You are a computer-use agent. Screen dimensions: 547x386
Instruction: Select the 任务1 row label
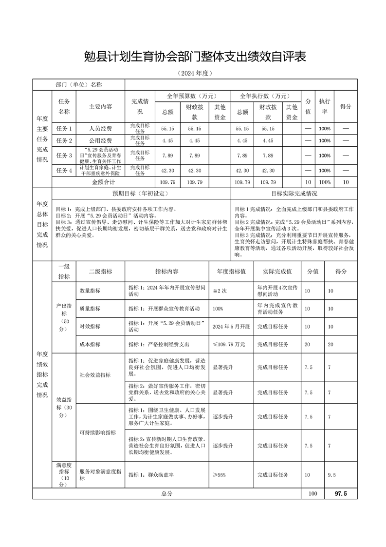pyautogui.click(x=64, y=129)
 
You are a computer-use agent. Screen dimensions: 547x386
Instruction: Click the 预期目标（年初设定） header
pyautogui.click(x=140, y=193)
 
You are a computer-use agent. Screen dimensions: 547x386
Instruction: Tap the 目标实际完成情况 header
pyautogui.click(x=294, y=193)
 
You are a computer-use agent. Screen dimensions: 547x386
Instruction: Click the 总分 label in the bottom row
pyautogui.click(x=167, y=493)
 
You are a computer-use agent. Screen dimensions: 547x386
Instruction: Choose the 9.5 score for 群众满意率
pyautogui.click(x=332, y=475)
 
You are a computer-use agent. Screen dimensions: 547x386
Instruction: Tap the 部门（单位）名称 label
pyautogui.click(x=79, y=84)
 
